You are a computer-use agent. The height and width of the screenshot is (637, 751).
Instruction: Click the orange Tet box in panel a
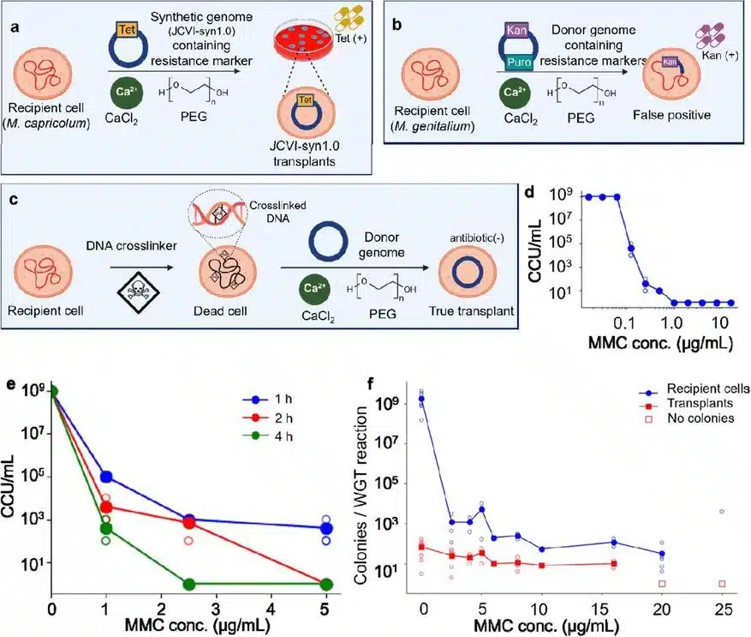[127, 30]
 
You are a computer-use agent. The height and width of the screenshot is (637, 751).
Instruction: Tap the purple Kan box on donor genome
[516, 30]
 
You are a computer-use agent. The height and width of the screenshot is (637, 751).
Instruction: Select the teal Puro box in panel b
[519, 62]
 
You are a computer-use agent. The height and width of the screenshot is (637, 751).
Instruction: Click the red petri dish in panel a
[303, 39]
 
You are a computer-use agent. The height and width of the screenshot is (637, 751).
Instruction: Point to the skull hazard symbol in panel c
[139, 290]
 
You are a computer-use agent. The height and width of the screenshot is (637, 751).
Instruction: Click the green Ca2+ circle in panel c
[314, 289]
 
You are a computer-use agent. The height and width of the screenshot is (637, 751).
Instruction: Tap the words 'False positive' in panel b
[671, 115]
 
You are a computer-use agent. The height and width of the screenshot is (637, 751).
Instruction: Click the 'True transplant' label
[471, 311]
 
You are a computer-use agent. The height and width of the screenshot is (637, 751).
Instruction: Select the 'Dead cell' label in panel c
[220, 311]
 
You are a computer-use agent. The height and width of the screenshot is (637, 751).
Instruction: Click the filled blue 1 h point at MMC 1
[106, 477]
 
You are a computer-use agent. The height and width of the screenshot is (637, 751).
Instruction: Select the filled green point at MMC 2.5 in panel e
[189, 584]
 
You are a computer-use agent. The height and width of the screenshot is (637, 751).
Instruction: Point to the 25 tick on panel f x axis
[723, 610]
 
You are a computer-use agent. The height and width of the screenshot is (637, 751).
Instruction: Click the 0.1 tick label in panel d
[623, 323]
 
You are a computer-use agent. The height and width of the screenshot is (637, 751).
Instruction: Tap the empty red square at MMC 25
[722, 584]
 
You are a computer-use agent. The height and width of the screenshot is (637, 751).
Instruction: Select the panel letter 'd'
[529, 192]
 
